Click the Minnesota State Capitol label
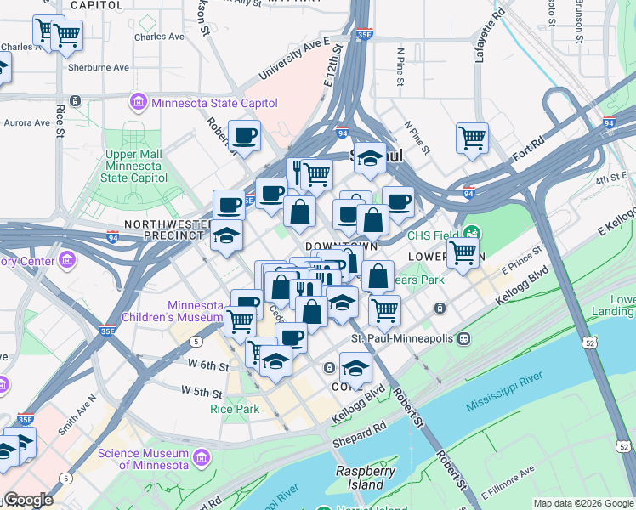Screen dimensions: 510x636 click(213, 103)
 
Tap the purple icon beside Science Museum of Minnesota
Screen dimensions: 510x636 click(202, 459)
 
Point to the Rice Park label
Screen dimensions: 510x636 click(234, 408)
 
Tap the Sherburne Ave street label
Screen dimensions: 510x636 click(99, 67)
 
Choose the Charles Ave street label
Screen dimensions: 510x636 click(159, 37)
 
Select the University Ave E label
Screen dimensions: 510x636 click(293, 59)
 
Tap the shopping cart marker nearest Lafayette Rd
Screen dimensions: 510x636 click(472, 137)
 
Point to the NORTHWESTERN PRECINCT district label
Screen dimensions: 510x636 click(166, 230)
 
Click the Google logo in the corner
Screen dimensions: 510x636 click(28, 500)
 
